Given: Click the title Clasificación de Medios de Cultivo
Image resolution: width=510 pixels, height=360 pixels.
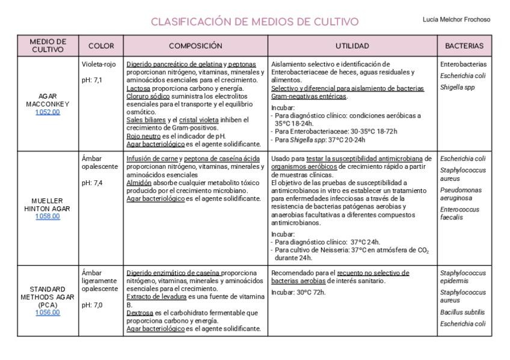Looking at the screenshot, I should (254, 22).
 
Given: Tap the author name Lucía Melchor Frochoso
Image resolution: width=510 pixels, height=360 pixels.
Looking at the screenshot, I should (456, 19).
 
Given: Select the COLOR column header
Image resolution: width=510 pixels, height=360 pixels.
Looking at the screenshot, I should (101, 46).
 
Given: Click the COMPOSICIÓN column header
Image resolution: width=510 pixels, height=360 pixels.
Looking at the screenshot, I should (195, 46).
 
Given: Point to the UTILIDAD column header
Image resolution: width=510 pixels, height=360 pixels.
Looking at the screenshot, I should (352, 46).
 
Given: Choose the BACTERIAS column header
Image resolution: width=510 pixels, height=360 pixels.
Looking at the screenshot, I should (464, 46).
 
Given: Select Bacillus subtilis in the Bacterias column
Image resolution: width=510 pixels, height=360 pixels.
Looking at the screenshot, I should (462, 312).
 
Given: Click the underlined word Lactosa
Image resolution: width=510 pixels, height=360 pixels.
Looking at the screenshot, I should (138, 88).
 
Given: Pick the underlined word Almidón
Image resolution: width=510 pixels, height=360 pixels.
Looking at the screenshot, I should (139, 183).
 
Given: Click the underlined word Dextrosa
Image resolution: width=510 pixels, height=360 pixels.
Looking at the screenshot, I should (140, 313).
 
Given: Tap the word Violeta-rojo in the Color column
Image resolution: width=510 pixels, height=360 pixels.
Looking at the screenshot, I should (99, 64).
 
